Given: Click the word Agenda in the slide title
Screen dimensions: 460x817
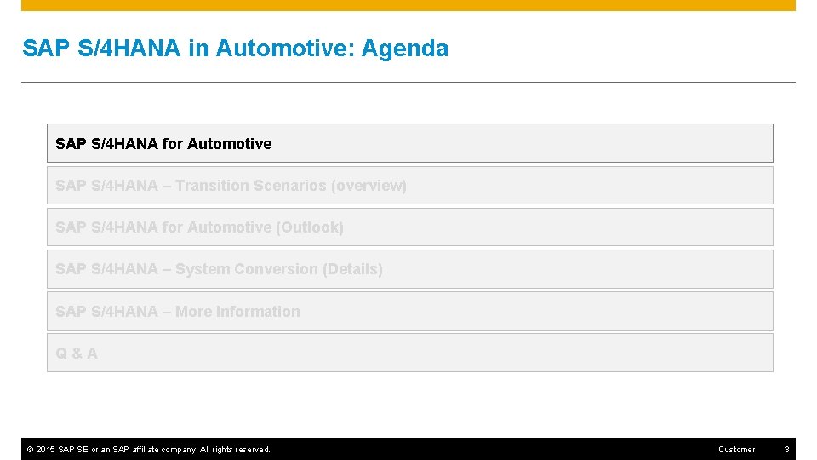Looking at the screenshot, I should (405, 49).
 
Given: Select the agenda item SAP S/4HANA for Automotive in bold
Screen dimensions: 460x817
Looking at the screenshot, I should (163, 144).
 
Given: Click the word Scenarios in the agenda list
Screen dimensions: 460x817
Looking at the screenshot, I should (292, 186).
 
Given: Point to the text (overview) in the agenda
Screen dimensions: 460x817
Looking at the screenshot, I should (369, 186).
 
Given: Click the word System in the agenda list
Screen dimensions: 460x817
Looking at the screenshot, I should (202, 269).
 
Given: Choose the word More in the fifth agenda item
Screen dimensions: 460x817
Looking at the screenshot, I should (193, 312).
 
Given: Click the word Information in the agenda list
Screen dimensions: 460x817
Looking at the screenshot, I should (258, 312).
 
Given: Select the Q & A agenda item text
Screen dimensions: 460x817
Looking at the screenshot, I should (77, 354).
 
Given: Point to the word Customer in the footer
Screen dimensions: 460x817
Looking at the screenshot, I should (736, 450).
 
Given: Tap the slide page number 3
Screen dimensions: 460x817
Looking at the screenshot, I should (786, 450).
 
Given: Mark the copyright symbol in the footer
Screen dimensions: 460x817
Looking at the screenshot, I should (30, 450).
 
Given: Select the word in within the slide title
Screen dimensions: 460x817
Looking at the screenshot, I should (197, 49).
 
